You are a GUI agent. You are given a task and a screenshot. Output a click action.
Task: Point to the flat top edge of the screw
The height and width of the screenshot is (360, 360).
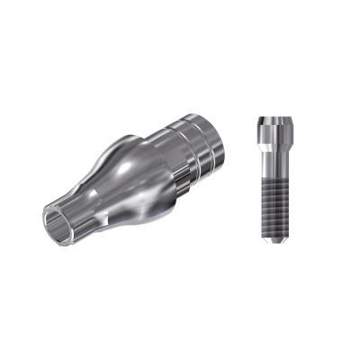tap(274, 117)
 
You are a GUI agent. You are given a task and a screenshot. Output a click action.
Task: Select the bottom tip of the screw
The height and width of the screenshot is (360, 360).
tap(274, 241)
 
